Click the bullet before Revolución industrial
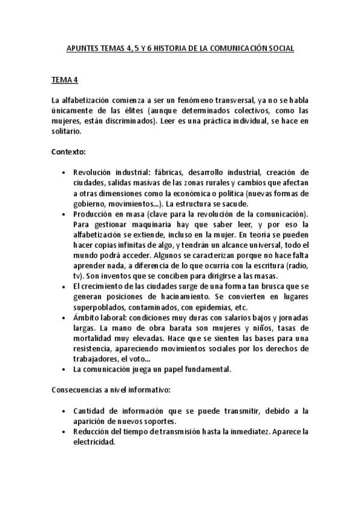64,173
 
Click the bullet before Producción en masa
64,214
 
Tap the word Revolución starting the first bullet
93,173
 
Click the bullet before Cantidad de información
64,411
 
